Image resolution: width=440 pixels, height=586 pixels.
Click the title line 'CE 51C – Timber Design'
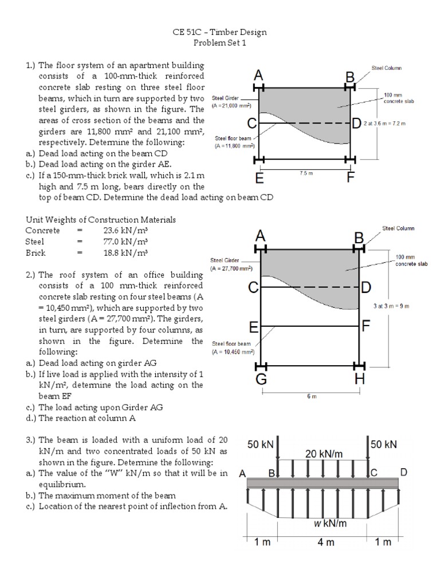[x=219, y=33]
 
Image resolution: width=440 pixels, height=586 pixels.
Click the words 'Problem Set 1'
[x=219, y=43]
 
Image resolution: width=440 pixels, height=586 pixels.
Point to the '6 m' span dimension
[x=311, y=397]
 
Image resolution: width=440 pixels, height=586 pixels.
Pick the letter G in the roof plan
[x=261, y=380]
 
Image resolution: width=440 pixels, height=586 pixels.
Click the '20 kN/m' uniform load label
[x=324, y=453]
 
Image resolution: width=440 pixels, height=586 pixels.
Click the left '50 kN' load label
[x=261, y=444]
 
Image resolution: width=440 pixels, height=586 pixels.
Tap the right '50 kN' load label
[x=384, y=444]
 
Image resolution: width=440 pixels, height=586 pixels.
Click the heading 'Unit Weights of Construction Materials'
[x=101, y=220]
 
